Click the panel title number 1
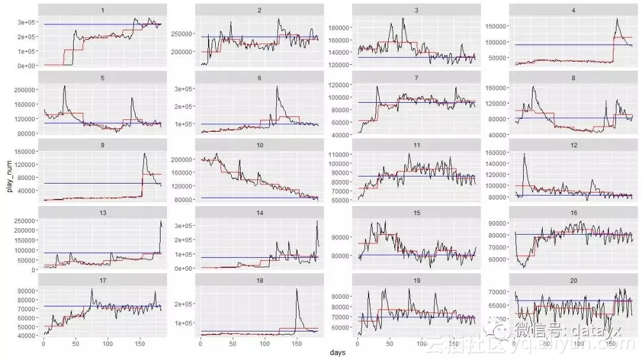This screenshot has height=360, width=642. tap(103, 10)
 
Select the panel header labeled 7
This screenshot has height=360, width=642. tap(416, 78)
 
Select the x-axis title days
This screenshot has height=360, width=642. tap(338, 353)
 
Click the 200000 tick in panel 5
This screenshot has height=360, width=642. tap(25, 90)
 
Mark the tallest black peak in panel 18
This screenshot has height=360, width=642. tap(296, 289)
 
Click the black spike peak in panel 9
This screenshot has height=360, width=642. tap(144, 153)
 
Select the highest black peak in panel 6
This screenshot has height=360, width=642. tap(277, 87)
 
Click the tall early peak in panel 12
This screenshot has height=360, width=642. tap(524, 154)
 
